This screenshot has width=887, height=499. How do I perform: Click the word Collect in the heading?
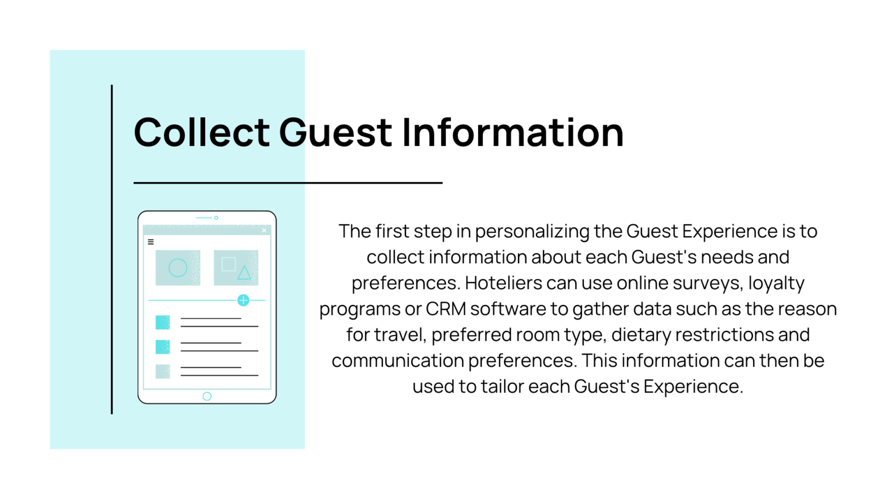tap(202, 132)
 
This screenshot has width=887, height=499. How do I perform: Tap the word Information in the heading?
tap(512, 132)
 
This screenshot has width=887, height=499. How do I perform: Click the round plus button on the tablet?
tap(243, 300)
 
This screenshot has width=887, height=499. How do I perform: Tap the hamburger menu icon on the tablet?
tap(151, 242)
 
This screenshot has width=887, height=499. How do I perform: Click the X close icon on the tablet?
tap(264, 230)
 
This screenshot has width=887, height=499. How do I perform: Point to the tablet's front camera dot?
tap(216, 218)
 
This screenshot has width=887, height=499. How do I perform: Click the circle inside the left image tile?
tap(178, 267)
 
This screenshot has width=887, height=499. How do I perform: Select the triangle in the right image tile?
tap(244, 273)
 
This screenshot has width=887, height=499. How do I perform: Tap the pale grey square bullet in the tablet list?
tap(163, 371)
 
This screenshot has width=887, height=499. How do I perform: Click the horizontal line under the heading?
tap(288, 183)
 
